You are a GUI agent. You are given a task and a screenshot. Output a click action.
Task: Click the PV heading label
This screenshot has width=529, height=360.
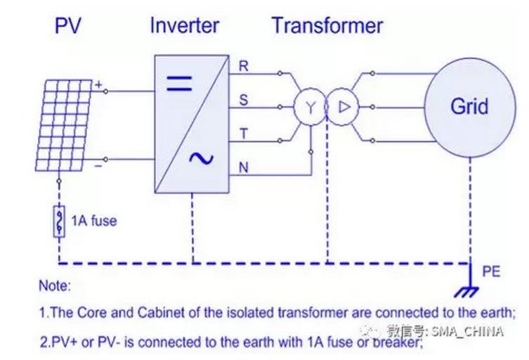point(69,26)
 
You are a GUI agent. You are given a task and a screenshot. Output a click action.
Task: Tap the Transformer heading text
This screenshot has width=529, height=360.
point(327,26)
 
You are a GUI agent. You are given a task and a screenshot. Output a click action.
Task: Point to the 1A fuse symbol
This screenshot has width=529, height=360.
point(60,220)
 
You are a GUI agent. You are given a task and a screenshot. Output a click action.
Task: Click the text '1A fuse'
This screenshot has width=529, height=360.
point(93,221)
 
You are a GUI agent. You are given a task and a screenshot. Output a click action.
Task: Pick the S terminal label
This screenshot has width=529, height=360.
point(244,101)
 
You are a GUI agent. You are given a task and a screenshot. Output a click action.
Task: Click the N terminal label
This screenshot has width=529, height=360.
point(244,167)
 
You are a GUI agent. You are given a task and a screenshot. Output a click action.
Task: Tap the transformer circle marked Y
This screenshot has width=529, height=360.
point(307,107)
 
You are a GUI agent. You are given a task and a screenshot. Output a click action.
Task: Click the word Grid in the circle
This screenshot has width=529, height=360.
point(469,106)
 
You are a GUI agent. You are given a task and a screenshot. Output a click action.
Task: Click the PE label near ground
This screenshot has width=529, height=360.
point(491,271)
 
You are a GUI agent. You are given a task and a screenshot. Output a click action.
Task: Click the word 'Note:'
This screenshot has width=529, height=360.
point(56,288)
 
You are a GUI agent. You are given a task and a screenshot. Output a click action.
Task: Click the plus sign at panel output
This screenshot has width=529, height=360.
point(99,85)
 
